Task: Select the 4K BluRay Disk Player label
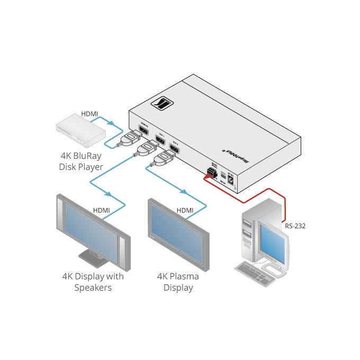80,161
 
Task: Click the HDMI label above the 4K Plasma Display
185,210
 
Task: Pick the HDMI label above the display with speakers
101,210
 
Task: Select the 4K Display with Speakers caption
93,282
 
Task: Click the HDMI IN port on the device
142,131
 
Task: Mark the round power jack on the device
231,183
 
